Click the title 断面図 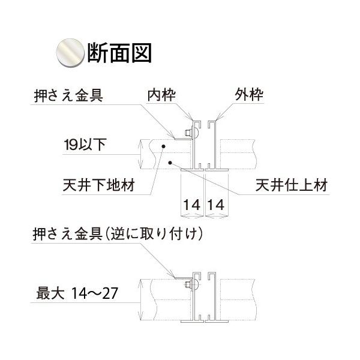click(x=119, y=53)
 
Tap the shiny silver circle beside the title click(x=70, y=53)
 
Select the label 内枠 click(x=161, y=95)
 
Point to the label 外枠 click(x=248, y=95)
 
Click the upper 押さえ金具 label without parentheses click(x=68, y=95)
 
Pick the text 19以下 click(x=85, y=145)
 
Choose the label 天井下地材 click(x=99, y=185)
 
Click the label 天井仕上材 click(x=292, y=185)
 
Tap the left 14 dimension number click(x=192, y=205)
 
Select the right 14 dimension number click(x=216, y=205)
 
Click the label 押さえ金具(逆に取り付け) click(x=118, y=234)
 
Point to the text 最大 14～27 click(x=77, y=293)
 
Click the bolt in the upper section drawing click(x=191, y=133)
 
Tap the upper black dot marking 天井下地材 click(x=163, y=146)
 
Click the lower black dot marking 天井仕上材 click(x=170, y=163)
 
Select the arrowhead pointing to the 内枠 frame click(x=191, y=117)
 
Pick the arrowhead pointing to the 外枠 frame click(x=218, y=117)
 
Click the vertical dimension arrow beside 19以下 click(x=140, y=154)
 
